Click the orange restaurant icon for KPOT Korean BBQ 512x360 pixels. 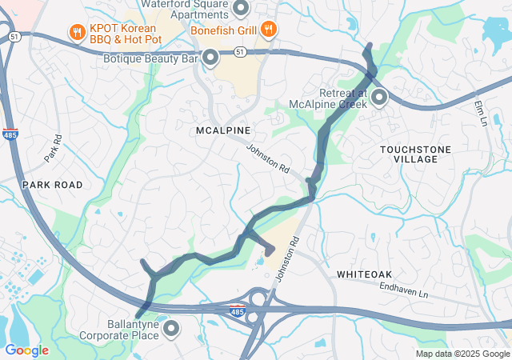[x=77, y=32]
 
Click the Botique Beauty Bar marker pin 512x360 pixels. [x=210, y=57]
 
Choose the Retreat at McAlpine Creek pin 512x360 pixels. [x=378, y=98]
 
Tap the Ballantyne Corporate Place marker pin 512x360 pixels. [x=170, y=328]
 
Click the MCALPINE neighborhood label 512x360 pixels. [x=223, y=130]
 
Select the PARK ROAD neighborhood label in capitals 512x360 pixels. [x=52, y=185]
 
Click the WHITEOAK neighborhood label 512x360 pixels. [x=364, y=274]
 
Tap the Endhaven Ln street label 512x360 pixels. [x=404, y=289]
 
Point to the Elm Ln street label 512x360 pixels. [x=480, y=113]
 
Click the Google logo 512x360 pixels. [x=26, y=350]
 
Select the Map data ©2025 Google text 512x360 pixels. [x=462, y=354]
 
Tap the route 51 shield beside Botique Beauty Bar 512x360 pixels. [x=241, y=51]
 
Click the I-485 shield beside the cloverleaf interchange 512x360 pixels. [x=236, y=310]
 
